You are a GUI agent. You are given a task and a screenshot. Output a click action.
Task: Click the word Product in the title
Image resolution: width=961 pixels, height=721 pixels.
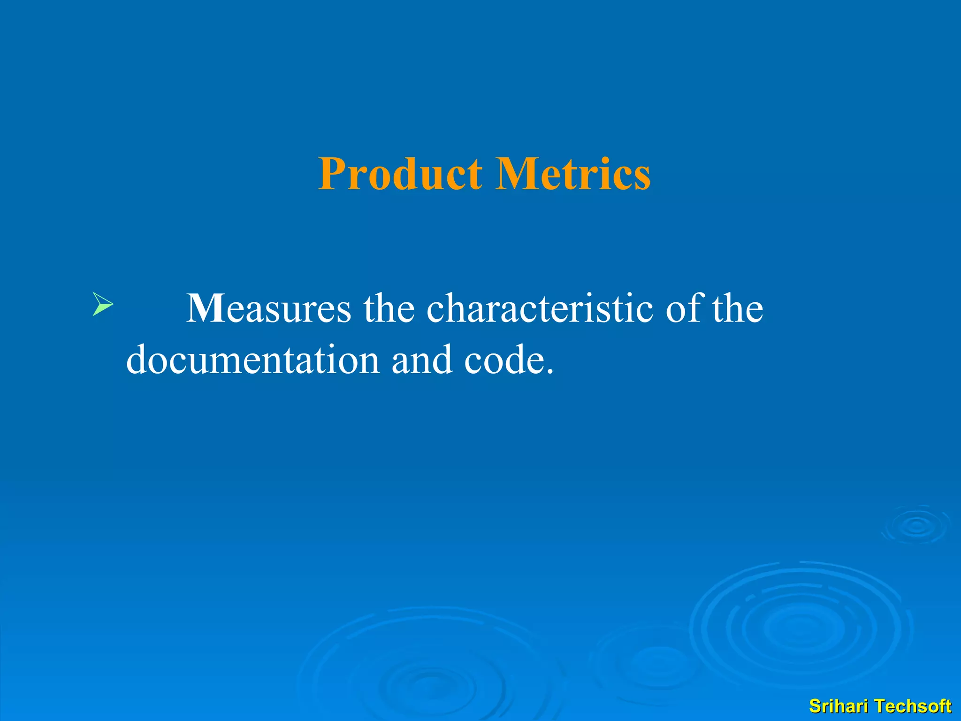tap(400, 174)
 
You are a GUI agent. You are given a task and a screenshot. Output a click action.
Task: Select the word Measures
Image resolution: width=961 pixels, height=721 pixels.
tap(268, 308)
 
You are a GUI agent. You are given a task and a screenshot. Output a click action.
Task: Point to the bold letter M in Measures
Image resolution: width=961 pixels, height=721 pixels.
tap(206, 308)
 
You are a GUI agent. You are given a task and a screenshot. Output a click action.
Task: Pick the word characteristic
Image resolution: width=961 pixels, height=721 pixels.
tap(540, 308)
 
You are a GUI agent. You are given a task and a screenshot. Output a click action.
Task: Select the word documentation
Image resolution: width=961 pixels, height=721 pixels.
tap(253, 360)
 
